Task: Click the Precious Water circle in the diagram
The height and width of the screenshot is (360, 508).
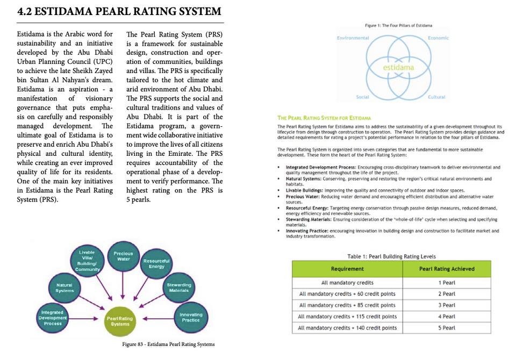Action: point(124,256)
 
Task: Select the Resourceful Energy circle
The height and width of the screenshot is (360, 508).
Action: point(156,263)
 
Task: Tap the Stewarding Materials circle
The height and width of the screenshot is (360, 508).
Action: point(179,287)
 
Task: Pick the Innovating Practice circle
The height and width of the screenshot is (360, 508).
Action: point(191,317)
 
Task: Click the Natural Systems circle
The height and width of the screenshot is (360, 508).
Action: point(65,287)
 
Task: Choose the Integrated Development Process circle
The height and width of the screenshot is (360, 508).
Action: point(53,318)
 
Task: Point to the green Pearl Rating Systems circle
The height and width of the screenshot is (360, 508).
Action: point(120,321)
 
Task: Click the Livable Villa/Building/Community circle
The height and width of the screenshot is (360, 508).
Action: point(87,261)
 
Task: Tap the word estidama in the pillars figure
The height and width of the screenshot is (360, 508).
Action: point(398,68)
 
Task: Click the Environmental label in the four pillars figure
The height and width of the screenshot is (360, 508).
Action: point(353,38)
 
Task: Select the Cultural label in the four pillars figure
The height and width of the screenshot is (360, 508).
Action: point(437,97)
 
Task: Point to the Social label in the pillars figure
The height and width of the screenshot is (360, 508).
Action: point(362,97)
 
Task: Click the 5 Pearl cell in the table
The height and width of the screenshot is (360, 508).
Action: point(446,328)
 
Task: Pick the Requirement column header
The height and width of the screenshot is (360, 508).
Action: point(347,269)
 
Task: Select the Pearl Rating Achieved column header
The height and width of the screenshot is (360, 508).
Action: point(446,269)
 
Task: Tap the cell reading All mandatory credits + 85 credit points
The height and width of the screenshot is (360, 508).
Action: point(347,305)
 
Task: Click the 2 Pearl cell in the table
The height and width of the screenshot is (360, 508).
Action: point(446,294)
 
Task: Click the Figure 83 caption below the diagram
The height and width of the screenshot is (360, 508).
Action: point(168,344)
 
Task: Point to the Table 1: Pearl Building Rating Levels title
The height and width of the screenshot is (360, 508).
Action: point(391,256)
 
